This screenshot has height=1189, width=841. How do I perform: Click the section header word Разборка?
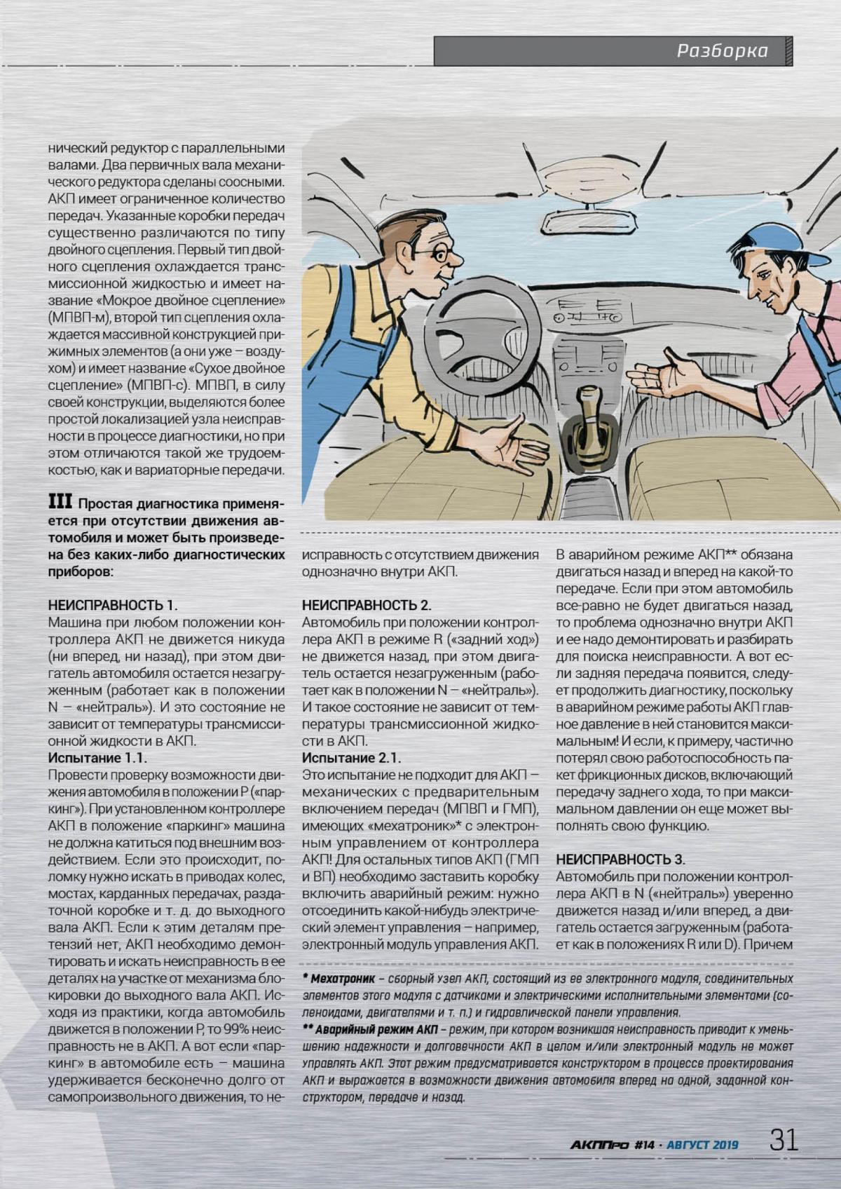tap(722, 51)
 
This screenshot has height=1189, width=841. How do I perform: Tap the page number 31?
tap(784, 1139)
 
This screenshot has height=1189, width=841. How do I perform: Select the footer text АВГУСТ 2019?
tap(702, 1145)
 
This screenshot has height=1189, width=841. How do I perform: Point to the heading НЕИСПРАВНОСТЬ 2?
tap(367, 605)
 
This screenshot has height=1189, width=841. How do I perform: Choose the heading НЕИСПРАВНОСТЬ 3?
tap(620, 860)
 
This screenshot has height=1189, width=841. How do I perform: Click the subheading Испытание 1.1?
tap(97, 758)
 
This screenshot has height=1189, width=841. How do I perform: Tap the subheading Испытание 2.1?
tap(351, 758)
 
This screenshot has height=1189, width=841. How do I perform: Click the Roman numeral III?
tap(60, 502)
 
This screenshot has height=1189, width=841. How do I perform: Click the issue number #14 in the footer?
tap(643, 1145)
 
